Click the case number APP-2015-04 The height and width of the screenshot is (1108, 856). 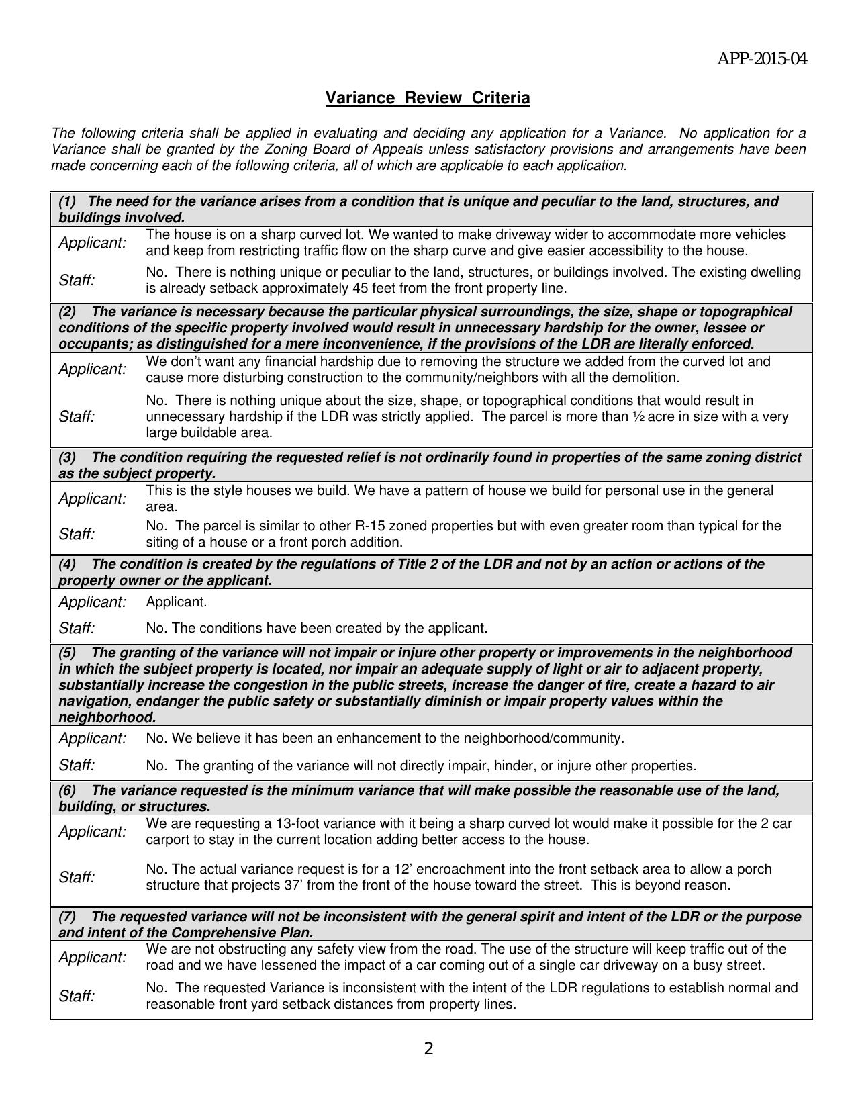(762, 60)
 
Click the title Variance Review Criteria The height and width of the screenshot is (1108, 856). (428, 98)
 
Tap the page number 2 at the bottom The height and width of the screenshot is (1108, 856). (428, 1048)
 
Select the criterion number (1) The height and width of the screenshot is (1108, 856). (68, 201)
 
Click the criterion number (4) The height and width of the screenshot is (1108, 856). (68, 564)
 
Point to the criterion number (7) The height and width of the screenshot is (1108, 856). (68, 917)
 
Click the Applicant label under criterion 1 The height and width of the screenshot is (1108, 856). (92, 242)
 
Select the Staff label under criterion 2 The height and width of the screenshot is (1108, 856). (77, 416)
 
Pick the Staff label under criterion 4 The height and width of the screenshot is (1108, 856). (77, 628)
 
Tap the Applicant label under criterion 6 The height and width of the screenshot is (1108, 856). (92, 831)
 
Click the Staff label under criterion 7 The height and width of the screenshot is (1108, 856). (77, 996)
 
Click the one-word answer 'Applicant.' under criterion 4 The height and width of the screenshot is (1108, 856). (177, 602)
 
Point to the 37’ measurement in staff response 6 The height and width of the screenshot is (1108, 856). (293, 885)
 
